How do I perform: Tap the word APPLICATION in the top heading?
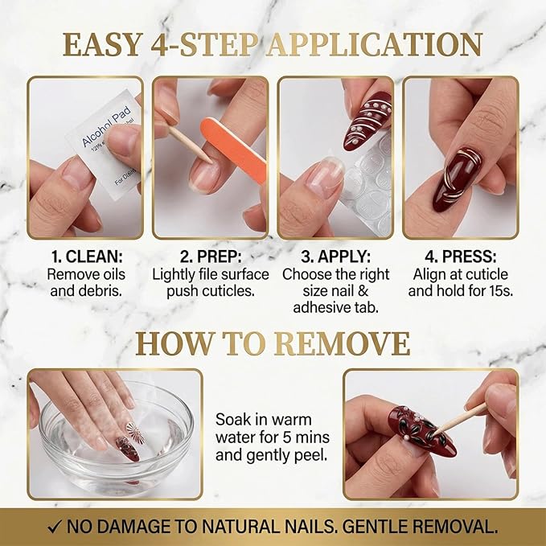click(x=375, y=44)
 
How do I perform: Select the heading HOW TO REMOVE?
click(x=273, y=343)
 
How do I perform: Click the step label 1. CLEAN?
click(x=87, y=257)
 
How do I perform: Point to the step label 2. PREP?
click(x=211, y=257)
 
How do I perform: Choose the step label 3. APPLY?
click(x=335, y=257)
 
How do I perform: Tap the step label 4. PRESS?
click(x=460, y=257)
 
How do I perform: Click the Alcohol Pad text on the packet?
click(x=106, y=126)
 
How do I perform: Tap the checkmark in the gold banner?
click(x=55, y=527)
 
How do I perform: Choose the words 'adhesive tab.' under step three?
click(x=335, y=307)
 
